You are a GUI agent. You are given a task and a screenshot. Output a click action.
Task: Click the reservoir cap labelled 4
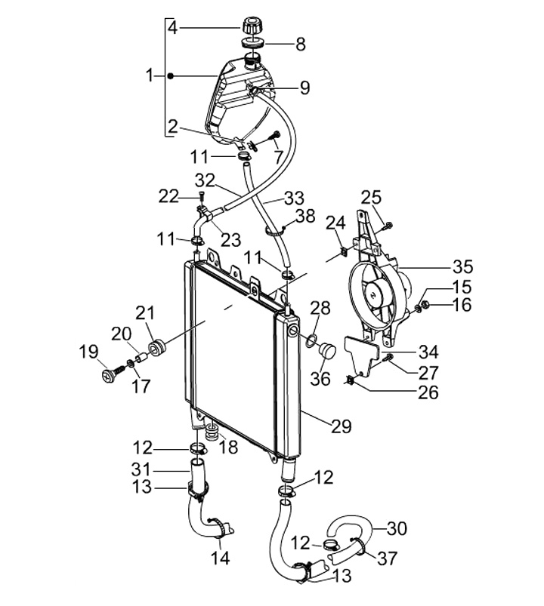(x=252, y=26)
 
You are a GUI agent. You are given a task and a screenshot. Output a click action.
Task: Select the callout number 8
(x=301, y=44)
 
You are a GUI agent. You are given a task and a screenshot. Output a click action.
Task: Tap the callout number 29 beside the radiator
(x=342, y=426)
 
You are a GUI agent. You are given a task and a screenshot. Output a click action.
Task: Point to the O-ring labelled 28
(x=312, y=341)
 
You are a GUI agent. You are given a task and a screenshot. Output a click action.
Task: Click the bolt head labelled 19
(x=108, y=376)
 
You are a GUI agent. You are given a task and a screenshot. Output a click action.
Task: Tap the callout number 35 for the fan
(x=462, y=266)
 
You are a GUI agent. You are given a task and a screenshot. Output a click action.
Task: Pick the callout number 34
(x=428, y=352)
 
